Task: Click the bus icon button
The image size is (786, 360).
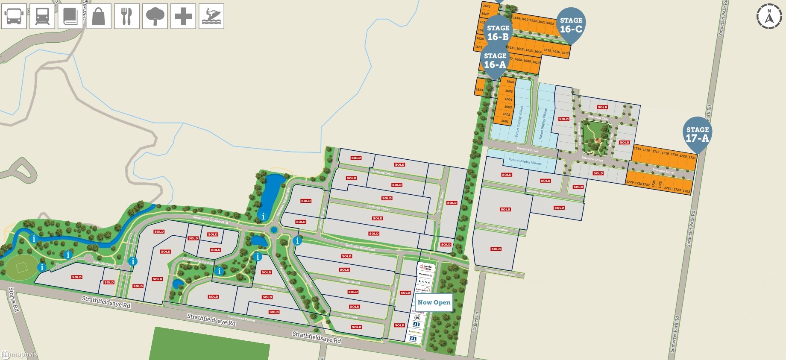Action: coord(14,16)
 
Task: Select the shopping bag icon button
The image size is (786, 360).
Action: coord(99,16)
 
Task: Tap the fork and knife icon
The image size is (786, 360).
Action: coord(127,16)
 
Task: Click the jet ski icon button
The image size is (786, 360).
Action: coord(211,16)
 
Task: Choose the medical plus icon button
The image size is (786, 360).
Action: coord(183,16)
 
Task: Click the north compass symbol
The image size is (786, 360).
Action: coord(769,17)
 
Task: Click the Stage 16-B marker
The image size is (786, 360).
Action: coord(498,32)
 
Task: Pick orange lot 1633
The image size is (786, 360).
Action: coord(479,90)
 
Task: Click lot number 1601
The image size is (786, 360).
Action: coord(505,121)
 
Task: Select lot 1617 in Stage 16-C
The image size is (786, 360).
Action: coord(565,53)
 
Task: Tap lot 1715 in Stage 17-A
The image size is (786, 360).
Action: coord(637,149)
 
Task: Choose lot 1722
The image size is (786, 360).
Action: coord(686,191)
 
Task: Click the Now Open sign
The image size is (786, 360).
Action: coord(434,302)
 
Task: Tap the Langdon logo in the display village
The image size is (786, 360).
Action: coord(423,290)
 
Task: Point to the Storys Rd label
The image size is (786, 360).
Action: coord(13,299)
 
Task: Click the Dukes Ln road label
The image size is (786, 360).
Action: coord(475,321)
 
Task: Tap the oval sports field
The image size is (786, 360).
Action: coord(21,268)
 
